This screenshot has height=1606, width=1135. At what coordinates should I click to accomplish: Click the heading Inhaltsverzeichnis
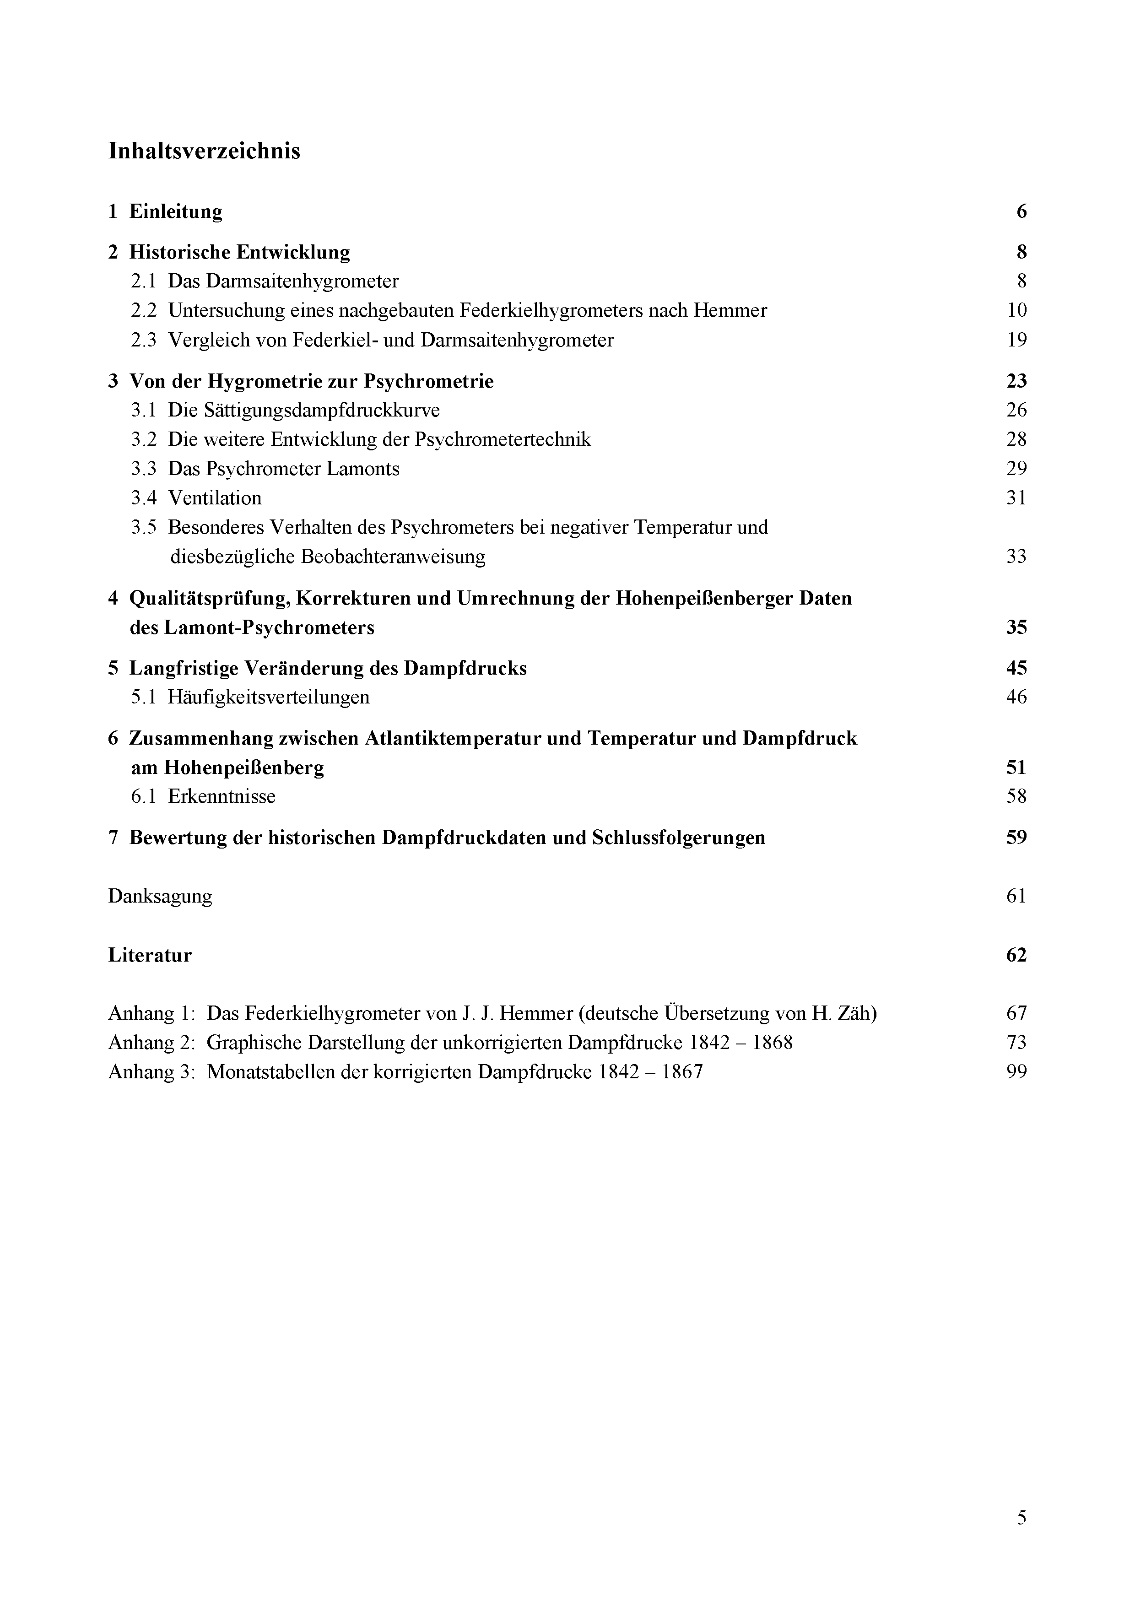tap(204, 151)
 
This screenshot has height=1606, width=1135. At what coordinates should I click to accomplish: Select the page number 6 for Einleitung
tap(1021, 211)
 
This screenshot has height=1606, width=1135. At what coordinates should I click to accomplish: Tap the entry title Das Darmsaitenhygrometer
tap(283, 281)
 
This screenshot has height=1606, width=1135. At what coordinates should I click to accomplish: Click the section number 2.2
tap(143, 311)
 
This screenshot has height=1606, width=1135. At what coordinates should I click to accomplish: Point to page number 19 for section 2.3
tap(1016, 340)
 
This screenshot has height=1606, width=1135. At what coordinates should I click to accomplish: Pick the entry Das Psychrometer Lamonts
tap(283, 469)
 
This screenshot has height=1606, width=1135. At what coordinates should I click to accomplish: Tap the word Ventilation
tap(215, 498)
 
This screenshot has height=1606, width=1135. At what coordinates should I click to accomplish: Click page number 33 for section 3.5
tap(1016, 557)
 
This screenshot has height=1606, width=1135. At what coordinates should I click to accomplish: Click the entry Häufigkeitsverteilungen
tap(269, 698)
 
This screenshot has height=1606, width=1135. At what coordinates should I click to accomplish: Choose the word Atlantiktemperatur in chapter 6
tap(453, 739)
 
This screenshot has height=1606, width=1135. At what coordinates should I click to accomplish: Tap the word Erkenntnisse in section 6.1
tap(222, 797)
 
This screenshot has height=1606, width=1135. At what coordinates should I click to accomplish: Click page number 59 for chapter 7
tap(1016, 838)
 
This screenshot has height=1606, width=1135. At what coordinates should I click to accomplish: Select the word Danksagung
tap(160, 897)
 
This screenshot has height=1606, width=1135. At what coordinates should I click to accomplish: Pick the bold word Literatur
tap(150, 956)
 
